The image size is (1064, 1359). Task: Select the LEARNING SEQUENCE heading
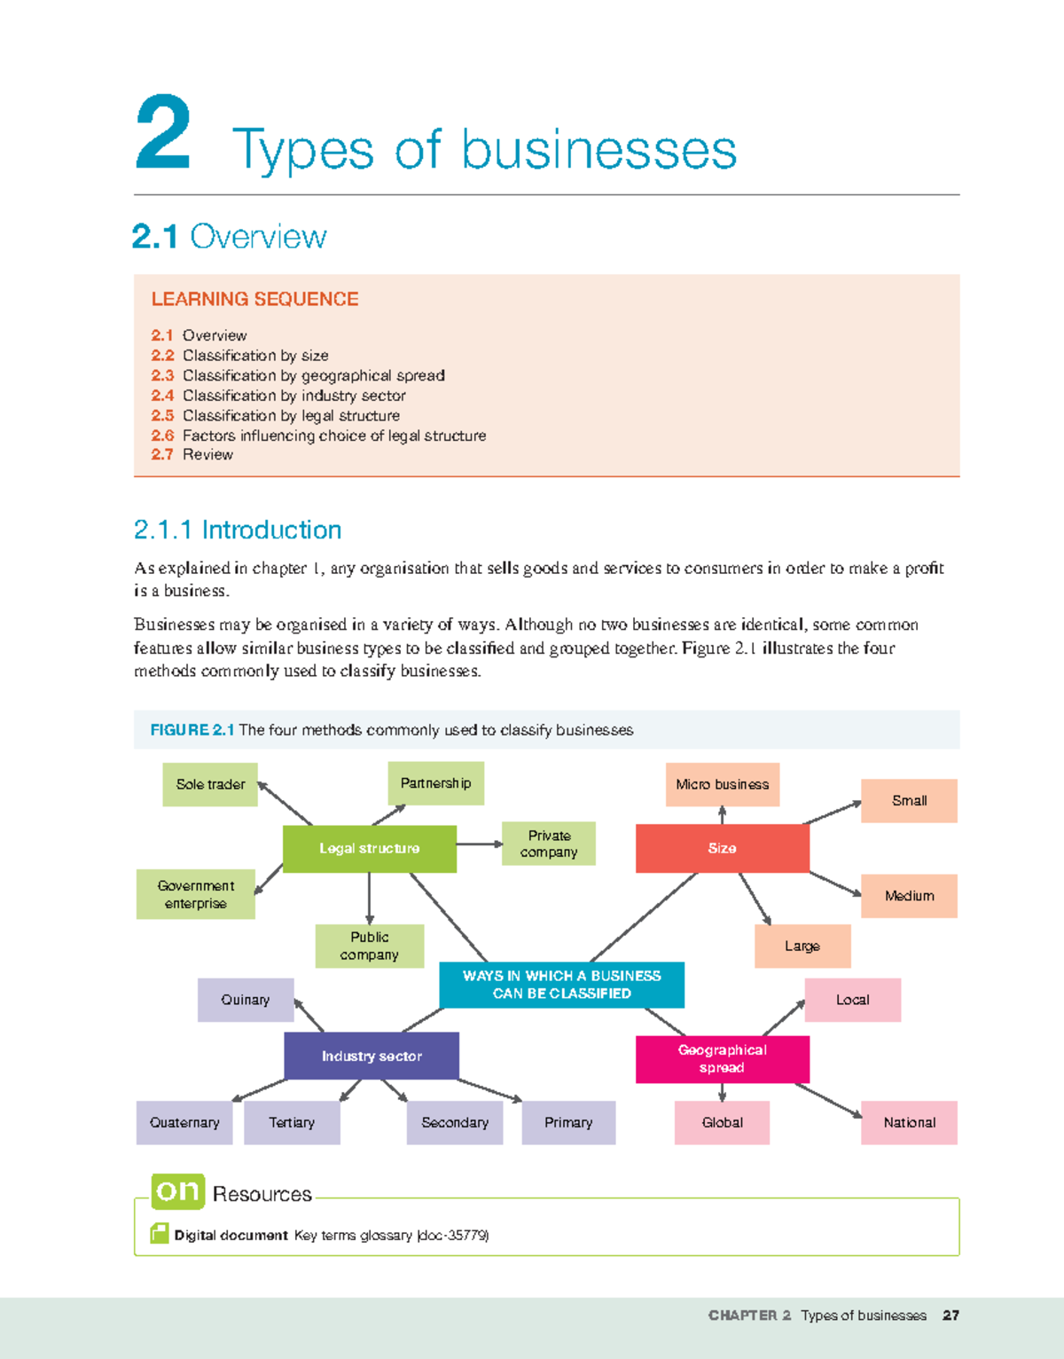pos(254,299)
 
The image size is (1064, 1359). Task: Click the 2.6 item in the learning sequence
pos(318,436)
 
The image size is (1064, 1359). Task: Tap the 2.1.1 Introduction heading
pos(238,530)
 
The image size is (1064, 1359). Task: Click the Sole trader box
pos(210,784)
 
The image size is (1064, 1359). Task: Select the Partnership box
pos(435,783)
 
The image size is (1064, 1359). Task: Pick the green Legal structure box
pos(369,849)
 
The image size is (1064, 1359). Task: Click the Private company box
pos(549,844)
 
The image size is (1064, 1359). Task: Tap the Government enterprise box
pos(196,894)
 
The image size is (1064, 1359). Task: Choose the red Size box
pos(722,849)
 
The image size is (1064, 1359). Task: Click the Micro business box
pos(722,784)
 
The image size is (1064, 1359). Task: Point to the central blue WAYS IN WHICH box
pos(561,985)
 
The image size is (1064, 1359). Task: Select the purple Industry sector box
pos(372,1056)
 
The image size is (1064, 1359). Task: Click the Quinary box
pos(246,1000)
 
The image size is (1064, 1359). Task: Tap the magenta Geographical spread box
pos(722,1059)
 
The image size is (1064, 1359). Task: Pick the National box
pos(909,1122)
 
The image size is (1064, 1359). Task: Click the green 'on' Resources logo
pos(178,1190)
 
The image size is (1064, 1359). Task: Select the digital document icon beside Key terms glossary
pos(160,1233)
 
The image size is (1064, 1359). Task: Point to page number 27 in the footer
pos(951,1316)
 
